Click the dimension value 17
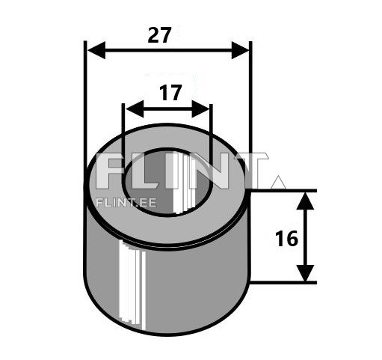click(x=170, y=93)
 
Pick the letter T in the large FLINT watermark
click(x=250, y=172)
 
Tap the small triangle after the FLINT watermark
click(x=277, y=182)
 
